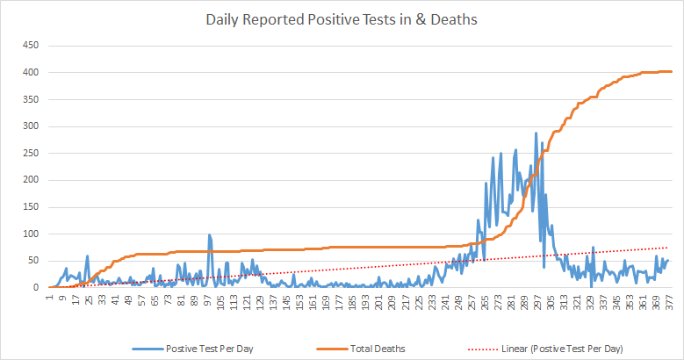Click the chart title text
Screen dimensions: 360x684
tap(342, 19)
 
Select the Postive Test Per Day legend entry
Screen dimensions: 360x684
tap(213, 349)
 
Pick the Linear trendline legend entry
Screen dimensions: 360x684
tap(562, 349)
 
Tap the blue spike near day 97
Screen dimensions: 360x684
tap(209, 234)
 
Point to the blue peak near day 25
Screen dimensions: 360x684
tap(87, 256)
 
